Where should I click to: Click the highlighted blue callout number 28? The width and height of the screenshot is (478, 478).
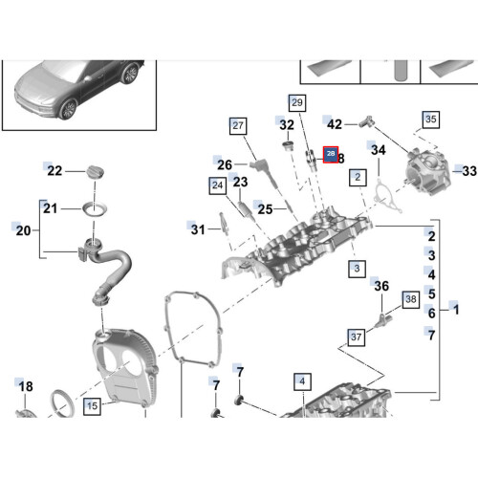coord(331,154)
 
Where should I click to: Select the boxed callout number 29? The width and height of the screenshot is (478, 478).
coord(296,102)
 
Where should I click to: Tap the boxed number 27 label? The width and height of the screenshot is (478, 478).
coord(238,125)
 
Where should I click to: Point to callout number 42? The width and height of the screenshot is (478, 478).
coord(335,124)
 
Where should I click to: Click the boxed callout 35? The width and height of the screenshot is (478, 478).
coord(431,119)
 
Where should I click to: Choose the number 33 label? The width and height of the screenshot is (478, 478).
coord(468,171)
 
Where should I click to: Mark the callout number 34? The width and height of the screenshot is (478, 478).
coord(379,150)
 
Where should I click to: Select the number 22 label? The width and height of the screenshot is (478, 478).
coord(55,171)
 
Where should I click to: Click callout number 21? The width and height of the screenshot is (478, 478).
coord(50,208)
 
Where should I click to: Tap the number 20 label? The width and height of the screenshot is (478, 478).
coord(24,230)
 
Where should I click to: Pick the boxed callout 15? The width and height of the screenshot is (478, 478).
coord(92,406)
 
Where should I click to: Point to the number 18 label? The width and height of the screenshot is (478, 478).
coord(26,386)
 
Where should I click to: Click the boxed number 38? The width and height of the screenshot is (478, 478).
coord(411,299)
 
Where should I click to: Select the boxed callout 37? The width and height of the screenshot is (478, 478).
coord(357,337)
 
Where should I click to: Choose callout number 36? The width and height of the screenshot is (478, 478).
coord(381,286)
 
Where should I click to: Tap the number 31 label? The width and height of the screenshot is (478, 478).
coord(198,228)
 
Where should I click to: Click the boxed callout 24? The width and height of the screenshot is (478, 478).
coord(218,184)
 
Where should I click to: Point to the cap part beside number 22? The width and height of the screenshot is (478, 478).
coord(93,170)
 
